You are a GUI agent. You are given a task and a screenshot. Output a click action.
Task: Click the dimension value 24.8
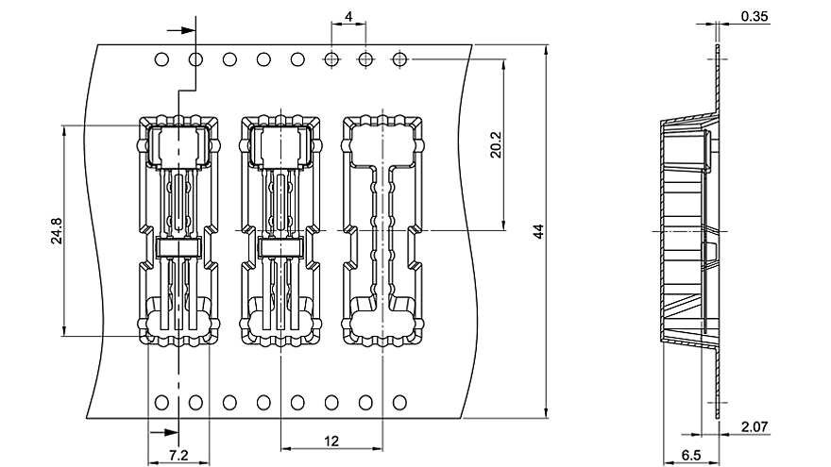tap(57, 231)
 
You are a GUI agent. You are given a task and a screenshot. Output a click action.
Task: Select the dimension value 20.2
tap(496, 145)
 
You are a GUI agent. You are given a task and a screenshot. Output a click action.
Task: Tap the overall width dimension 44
tap(538, 231)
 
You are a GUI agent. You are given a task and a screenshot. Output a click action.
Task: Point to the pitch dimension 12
tap(331, 441)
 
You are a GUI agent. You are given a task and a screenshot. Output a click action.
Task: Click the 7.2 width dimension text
tap(178, 455)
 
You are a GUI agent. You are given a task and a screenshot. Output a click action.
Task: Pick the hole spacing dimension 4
tap(348, 16)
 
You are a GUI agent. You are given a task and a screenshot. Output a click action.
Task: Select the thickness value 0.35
tap(755, 16)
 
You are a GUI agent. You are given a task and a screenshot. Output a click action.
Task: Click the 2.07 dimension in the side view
tap(755, 426)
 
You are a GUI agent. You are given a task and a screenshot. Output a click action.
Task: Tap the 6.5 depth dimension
tap(691, 455)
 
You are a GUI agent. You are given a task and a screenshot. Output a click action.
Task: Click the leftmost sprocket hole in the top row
tap(161, 59)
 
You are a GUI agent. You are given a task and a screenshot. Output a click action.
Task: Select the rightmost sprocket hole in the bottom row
tap(399, 403)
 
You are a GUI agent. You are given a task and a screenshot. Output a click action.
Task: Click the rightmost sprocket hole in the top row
tap(399, 59)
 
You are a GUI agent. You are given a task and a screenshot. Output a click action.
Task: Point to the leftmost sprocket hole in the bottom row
tap(161, 403)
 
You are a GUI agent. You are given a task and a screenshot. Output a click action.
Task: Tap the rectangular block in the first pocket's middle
tap(178, 248)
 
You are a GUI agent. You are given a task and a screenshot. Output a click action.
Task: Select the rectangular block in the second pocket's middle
tap(280, 248)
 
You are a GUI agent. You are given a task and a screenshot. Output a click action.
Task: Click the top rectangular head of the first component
tap(178, 146)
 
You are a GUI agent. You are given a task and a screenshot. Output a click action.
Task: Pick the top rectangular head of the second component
tap(280, 146)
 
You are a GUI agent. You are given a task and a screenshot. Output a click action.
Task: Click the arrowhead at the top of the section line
tap(188, 30)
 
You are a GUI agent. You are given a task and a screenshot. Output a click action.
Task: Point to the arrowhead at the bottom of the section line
tap(171, 433)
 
